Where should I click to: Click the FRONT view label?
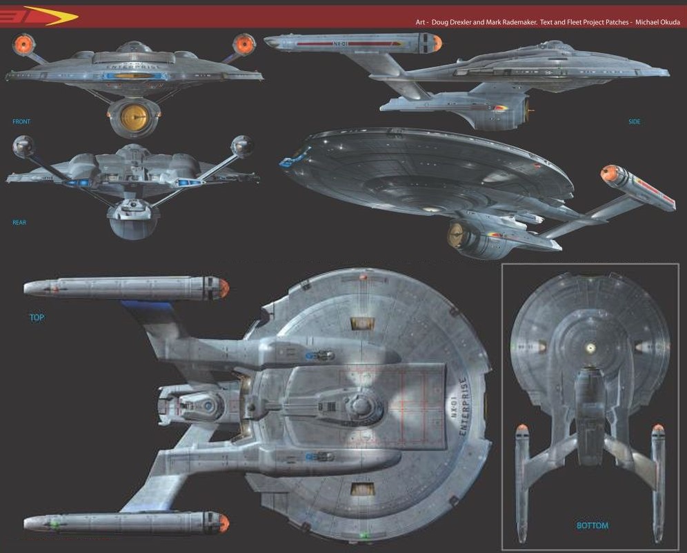coord(21,122)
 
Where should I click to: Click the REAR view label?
coord(19,223)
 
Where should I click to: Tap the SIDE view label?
coord(634,122)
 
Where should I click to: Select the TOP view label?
coord(37,318)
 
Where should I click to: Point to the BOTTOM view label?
coord(592,526)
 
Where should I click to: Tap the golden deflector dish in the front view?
coord(133,117)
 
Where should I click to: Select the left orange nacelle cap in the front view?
coord(22,46)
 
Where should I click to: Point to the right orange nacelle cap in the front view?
coord(243,45)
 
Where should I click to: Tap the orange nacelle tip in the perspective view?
coord(609,174)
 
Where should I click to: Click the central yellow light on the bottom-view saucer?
coord(591,347)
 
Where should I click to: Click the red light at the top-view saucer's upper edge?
coord(362,276)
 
